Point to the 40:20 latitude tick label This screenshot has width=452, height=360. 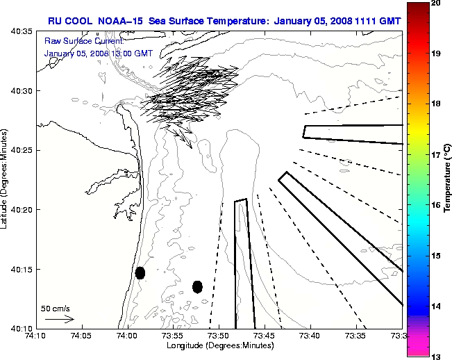[18, 209]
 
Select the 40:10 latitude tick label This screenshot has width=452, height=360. [18, 328]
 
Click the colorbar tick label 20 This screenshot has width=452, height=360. [437, 3]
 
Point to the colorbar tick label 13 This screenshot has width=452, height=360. [437, 356]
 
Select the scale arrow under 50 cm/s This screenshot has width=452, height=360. [60, 319]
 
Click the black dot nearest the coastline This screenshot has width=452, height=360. [140, 272]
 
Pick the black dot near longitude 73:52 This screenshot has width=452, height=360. [197, 286]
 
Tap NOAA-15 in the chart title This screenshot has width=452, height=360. [118, 21]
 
